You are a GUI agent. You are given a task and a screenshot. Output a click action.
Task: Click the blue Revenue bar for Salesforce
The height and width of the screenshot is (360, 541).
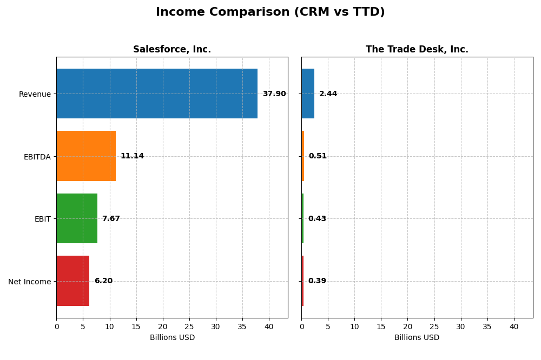(157, 94)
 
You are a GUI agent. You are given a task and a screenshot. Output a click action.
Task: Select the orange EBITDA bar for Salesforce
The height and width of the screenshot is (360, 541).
(86, 156)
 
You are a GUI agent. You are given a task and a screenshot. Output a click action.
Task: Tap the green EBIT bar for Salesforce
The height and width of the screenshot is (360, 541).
(77, 218)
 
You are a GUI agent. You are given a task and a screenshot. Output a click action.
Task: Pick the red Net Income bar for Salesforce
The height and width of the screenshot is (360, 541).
(73, 281)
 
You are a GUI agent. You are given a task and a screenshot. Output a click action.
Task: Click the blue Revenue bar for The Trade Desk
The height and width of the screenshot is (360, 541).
(308, 94)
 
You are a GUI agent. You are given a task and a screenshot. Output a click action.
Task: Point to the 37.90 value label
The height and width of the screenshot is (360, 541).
(274, 94)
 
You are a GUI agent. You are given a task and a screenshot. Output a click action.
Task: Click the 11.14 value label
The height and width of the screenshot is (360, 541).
(132, 156)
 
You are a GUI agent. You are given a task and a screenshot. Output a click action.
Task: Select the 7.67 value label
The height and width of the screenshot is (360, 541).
(111, 219)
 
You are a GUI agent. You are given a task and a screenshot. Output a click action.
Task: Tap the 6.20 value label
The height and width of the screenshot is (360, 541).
(103, 281)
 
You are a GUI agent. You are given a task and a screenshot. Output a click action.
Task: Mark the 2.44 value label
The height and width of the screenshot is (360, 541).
(328, 94)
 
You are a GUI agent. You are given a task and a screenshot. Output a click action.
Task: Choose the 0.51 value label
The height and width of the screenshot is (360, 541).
(318, 156)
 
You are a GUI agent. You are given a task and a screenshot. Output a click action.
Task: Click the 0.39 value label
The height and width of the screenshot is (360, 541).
(317, 281)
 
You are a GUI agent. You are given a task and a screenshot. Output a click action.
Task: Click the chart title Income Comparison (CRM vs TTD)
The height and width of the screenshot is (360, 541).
(270, 12)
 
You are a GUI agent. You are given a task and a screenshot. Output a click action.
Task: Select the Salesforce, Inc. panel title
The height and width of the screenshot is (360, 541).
(172, 50)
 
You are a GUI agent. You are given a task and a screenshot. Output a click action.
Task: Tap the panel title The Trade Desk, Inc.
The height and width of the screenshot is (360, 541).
(417, 50)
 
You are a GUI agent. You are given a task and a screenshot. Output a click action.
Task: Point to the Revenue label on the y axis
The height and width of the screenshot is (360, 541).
(35, 94)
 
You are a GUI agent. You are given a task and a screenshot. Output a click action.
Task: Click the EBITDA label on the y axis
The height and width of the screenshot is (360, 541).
(37, 157)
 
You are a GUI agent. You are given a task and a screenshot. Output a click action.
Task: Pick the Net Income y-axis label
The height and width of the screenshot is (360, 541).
(30, 282)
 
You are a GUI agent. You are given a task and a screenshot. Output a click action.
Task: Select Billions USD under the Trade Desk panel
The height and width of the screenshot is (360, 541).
(417, 338)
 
